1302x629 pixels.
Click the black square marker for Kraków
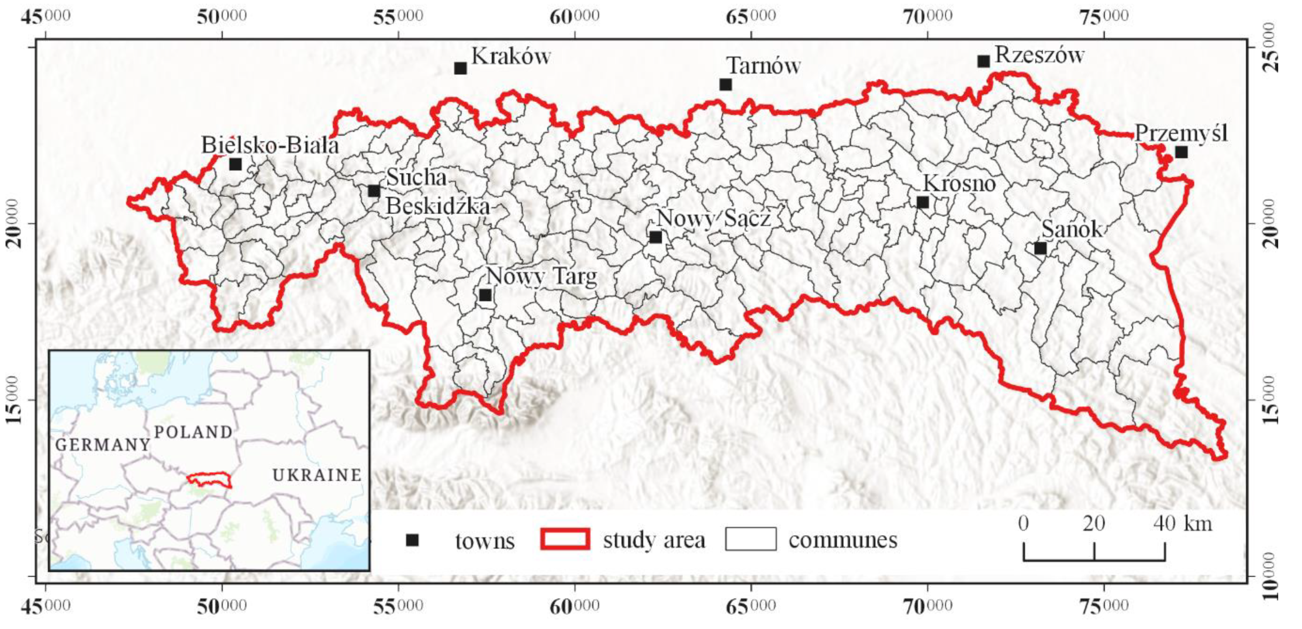(x=460, y=68)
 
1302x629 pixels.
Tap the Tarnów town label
(x=763, y=66)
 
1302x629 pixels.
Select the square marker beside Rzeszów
(x=983, y=61)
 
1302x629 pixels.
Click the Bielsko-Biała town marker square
(x=236, y=164)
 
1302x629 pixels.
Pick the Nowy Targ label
(x=541, y=277)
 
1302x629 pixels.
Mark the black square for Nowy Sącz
(x=656, y=237)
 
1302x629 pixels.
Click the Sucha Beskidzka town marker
(x=374, y=191)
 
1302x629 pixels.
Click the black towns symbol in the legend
(x=412, y=540)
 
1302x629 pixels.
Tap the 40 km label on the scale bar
(x=1183, y=524)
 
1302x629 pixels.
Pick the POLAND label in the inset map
(x=193, y=432)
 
